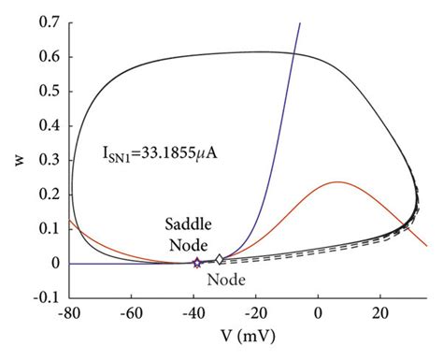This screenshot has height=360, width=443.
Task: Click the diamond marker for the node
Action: [x=220, y=260]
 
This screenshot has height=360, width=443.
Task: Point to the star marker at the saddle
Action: [x=196, y=264]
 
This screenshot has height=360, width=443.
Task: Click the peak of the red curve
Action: [x=337, y=181]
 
